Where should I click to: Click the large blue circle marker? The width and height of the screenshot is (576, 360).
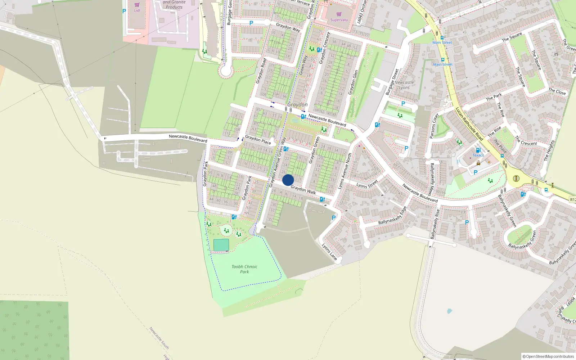[x=288, y=180]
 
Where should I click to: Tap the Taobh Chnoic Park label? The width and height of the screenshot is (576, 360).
[x=244, y=269]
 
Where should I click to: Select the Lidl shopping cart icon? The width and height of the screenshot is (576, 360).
[x=137, y=5]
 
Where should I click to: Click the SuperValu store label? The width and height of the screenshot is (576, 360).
[x=339, y=20]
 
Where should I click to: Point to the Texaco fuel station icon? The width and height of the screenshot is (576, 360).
[x=478, y=150]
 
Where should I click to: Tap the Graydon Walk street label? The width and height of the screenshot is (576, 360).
[x=303, y=190]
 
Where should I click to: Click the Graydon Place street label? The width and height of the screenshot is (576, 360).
[x=258, y=140]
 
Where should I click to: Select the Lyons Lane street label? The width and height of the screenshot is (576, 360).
[x=329, y=252]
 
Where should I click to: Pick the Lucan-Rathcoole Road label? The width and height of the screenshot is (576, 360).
[x=469, y=124]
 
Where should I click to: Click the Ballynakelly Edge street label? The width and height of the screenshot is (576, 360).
[x=392, y=216]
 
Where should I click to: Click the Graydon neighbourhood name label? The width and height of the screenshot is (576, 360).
[x=297, y=105]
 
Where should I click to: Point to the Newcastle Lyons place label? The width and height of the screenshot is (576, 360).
[x=404, y=85]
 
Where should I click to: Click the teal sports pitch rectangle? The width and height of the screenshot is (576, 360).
[x=221, y=245]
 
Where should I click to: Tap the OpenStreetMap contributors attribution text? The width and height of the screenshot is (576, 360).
[x=548, y=356]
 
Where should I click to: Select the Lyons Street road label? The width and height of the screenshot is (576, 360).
[x=367, y=184]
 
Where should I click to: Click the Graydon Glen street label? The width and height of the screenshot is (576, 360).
[x=353, y=82]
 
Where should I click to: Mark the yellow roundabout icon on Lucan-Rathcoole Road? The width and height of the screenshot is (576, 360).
[x=516, y=178]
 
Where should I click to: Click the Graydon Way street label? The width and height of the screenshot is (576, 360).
[x=288, y=27]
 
